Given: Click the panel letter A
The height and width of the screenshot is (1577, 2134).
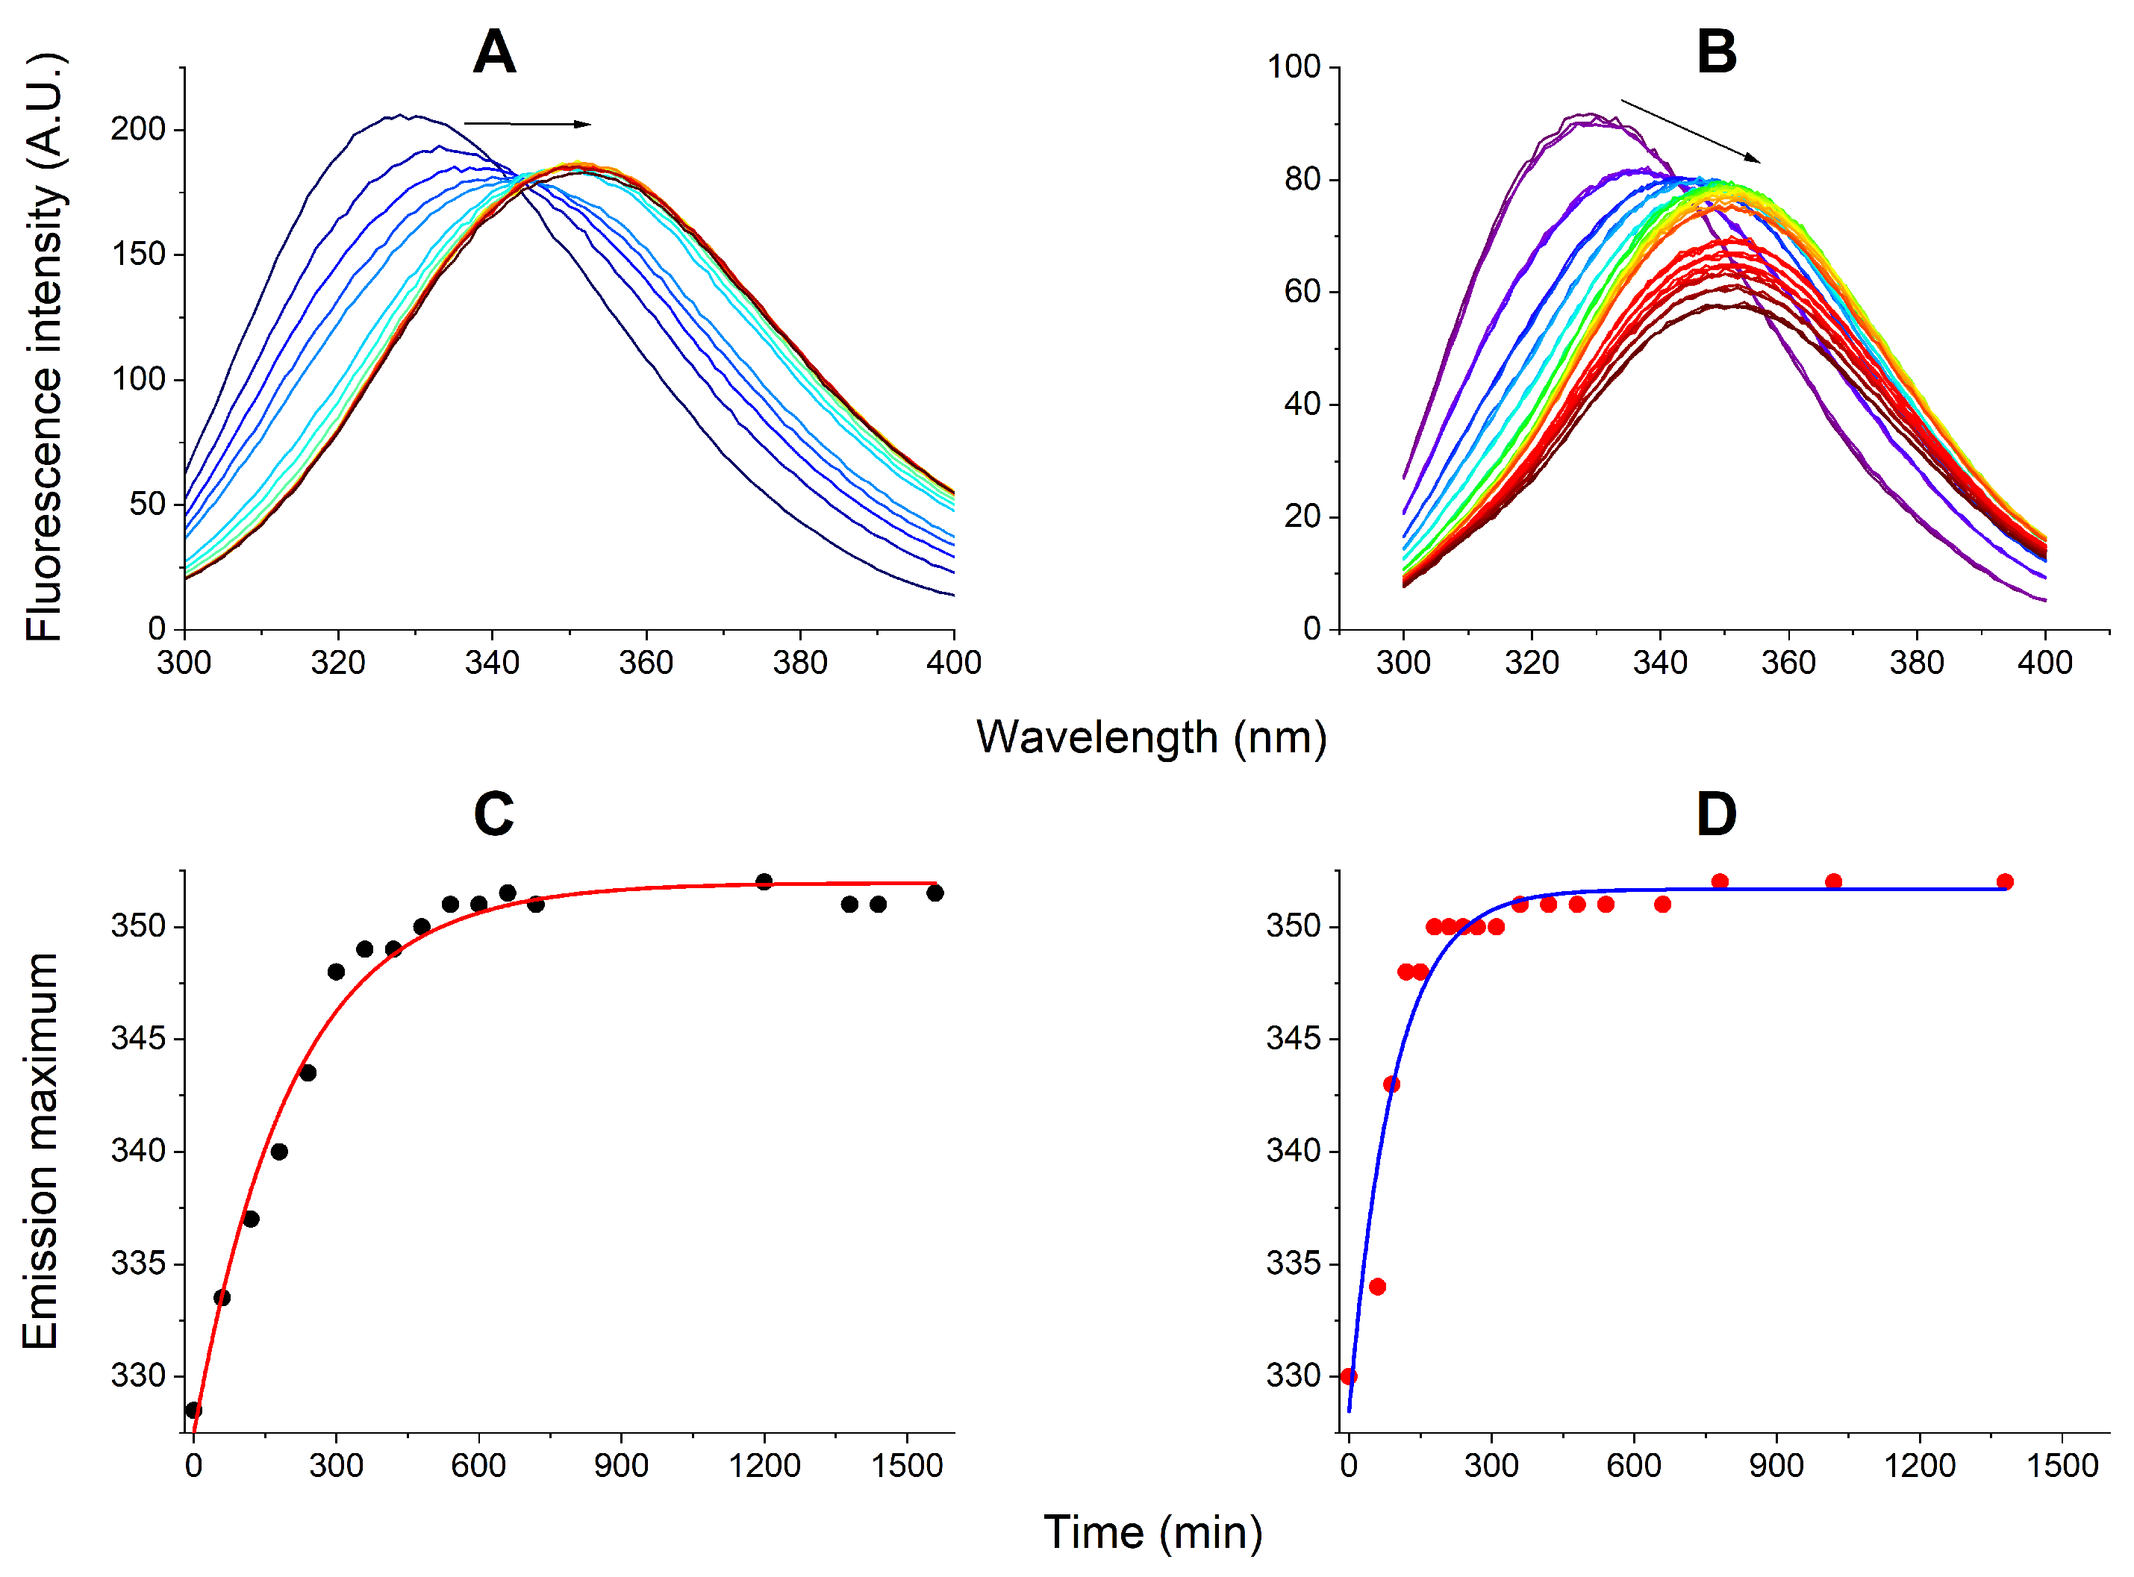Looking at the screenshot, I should (x=495, y=51).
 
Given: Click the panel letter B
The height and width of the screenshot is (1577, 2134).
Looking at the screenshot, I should (x=1716, y=51).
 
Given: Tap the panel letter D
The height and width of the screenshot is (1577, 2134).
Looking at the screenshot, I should (x=1716, y=814).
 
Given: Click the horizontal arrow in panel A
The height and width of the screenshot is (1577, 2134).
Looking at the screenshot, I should (x=527, y=123).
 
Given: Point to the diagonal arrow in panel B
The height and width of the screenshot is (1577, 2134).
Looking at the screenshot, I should (x=1690, y=131).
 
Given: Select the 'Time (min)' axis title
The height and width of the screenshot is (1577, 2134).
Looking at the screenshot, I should (x=1152, y=1533).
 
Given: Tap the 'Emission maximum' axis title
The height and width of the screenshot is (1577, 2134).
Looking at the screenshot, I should (x=40, y=1150).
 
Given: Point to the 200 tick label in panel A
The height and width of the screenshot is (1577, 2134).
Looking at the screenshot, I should (x=138, y=129).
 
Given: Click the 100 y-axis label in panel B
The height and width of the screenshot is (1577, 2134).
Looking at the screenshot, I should (x=1294, y=67).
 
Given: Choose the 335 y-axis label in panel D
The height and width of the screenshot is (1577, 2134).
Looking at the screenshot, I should (x=1294, y=1264).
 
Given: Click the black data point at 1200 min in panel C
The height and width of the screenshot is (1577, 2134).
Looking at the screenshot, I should (x=764, y=881).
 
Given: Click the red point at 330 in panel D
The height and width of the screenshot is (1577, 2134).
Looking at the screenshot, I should (x=1348, y=1376).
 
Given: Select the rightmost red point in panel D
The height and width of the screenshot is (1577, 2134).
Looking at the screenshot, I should (x=2005, y=881).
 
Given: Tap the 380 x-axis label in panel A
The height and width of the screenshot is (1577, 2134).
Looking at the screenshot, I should (x=800, y=663).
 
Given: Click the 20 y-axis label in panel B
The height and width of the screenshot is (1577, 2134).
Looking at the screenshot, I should (x=1302, y=517).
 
